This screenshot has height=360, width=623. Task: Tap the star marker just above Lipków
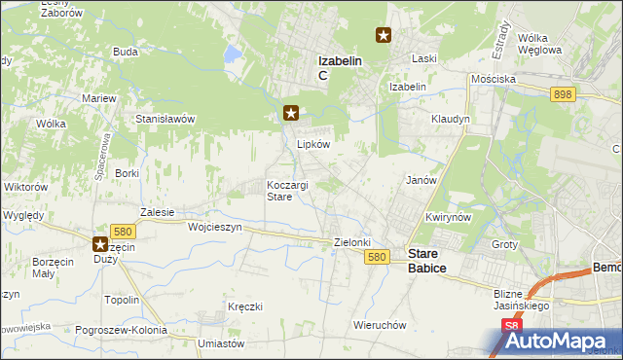point(290,114)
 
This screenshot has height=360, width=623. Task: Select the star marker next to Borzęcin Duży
point(100,245)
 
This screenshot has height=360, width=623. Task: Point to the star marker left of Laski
point(385,36)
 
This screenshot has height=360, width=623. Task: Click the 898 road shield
point(562,94)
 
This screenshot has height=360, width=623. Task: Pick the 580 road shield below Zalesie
point(122,231)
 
